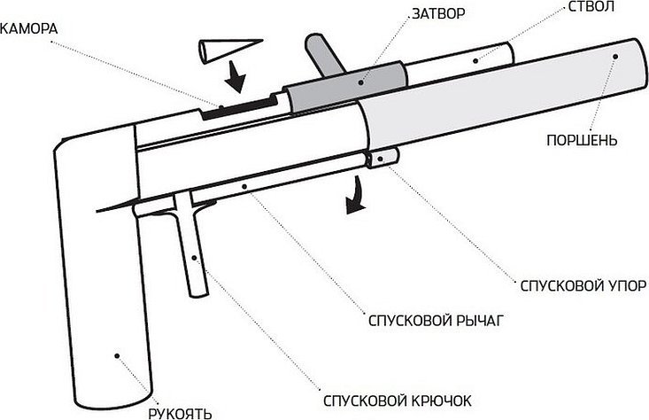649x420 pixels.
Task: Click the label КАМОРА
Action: (x=29, y=27)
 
